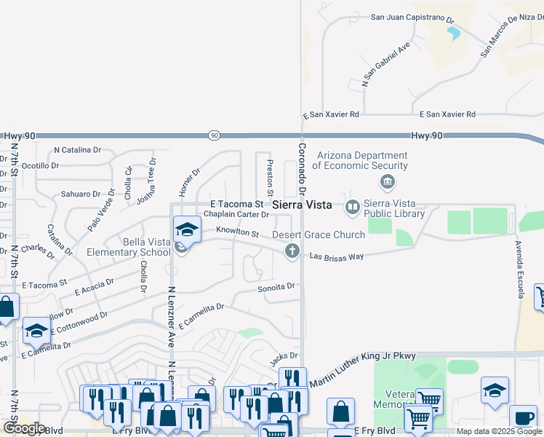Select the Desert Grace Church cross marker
(x=292, y=251)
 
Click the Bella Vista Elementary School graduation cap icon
(x=187, y=229)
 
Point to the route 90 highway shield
(x=213, y=135)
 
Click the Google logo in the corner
(x=24, y=428)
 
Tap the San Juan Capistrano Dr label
(x=412, y=17)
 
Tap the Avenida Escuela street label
(x=519, y=269)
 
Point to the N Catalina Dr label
(x=78, y=150)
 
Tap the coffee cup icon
(x=522, y=418)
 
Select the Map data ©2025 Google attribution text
(x=498, y=431)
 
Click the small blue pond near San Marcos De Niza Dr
(x=455, y=33)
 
